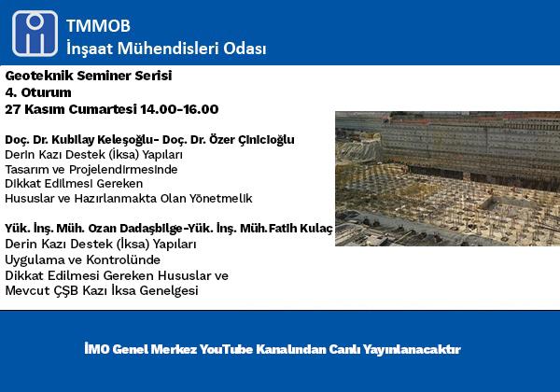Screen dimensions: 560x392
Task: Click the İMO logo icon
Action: (x=35, y=34)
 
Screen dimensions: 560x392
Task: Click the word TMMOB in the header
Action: (x=98, y=26)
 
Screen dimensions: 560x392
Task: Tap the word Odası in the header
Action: (x=245, y=49)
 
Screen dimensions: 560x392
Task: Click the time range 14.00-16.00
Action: (x=179, y=109)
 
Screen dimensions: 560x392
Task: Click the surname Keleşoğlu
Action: (x=123, y=140)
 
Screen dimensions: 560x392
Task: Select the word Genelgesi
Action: (x=169, y=290)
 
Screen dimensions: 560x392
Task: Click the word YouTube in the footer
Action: (x=226, y=349)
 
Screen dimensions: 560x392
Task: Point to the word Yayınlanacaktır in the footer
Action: (x=412, y=349)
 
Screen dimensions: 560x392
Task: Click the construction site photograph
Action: (x=447, y=178)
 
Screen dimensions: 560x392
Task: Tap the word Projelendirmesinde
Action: (x=123, y=169)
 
